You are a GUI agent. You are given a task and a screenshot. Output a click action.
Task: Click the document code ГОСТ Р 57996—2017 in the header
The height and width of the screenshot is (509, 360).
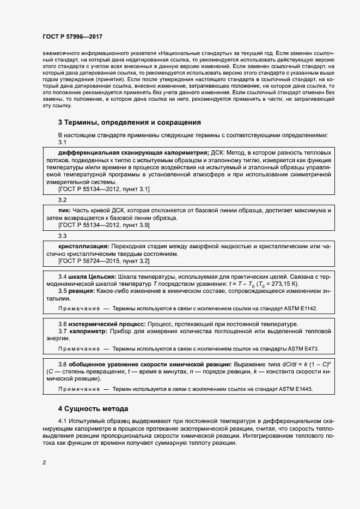(72, 36)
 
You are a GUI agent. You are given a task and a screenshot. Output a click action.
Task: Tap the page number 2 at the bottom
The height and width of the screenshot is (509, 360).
(44, 463)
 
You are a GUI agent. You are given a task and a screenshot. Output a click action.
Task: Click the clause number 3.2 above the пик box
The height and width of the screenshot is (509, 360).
(62, 200)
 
